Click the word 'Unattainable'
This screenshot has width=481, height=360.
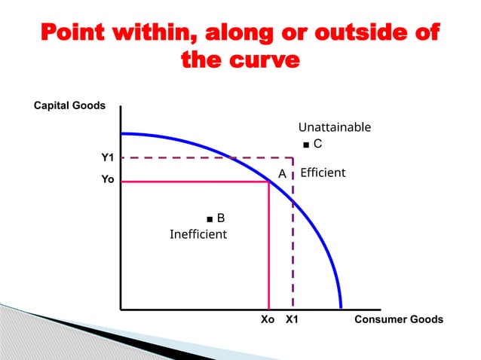tap(334, 127)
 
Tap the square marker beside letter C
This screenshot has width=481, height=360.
tap(305, 143)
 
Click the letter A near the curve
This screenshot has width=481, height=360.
tap(282, 174)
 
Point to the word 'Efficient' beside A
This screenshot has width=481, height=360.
tap(323, 172)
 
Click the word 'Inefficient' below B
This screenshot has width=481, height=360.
tap(198, 234)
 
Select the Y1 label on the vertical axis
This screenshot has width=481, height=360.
tap(108, 157)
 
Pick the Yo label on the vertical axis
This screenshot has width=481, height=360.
tap(108, 181)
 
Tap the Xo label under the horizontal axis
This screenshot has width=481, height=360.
tap(268, 320)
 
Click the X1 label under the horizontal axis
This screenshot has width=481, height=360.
tap(293, 320)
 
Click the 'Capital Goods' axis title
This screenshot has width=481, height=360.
tap(70, 106)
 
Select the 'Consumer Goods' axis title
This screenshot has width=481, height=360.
tap(399, 320)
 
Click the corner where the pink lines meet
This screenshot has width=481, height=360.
tap(269, 182)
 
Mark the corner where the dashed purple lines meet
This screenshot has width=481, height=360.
tap(293, 158)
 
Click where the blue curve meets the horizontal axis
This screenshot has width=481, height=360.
tap(342, 309)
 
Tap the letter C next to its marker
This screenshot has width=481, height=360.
tap(318, 142)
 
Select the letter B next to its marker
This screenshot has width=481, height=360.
tap(221, 218)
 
